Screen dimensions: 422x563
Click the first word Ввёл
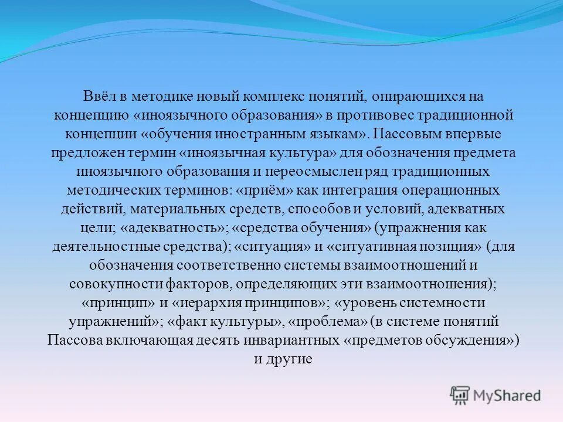tap(99, 96)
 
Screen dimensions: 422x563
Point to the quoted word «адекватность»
tap(176, 228)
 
